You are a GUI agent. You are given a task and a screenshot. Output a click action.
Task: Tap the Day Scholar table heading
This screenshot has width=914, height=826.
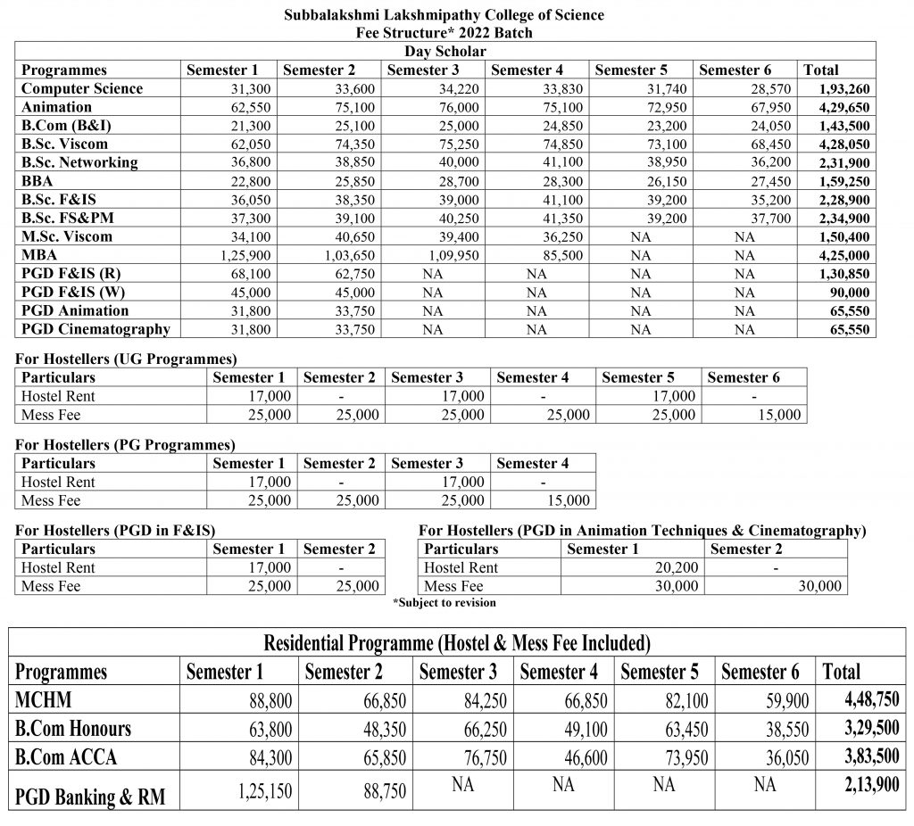click(x=444, y=51)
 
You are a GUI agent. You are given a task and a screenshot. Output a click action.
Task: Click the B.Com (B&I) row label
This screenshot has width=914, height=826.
click(x=67, y=126)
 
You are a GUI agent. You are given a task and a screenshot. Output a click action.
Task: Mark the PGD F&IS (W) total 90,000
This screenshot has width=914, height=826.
click(x=846, y=293)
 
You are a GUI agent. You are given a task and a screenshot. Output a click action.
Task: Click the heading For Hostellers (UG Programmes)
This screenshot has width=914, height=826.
click(x=126, y=359)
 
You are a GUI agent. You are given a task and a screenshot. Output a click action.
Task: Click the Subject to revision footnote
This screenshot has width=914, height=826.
click(x=444, y=603)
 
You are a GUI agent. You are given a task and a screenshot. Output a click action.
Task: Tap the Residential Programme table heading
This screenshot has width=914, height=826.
click(x=456, y=643)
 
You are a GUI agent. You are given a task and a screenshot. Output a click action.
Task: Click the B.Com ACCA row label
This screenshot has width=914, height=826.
click(x=67, y=757)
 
